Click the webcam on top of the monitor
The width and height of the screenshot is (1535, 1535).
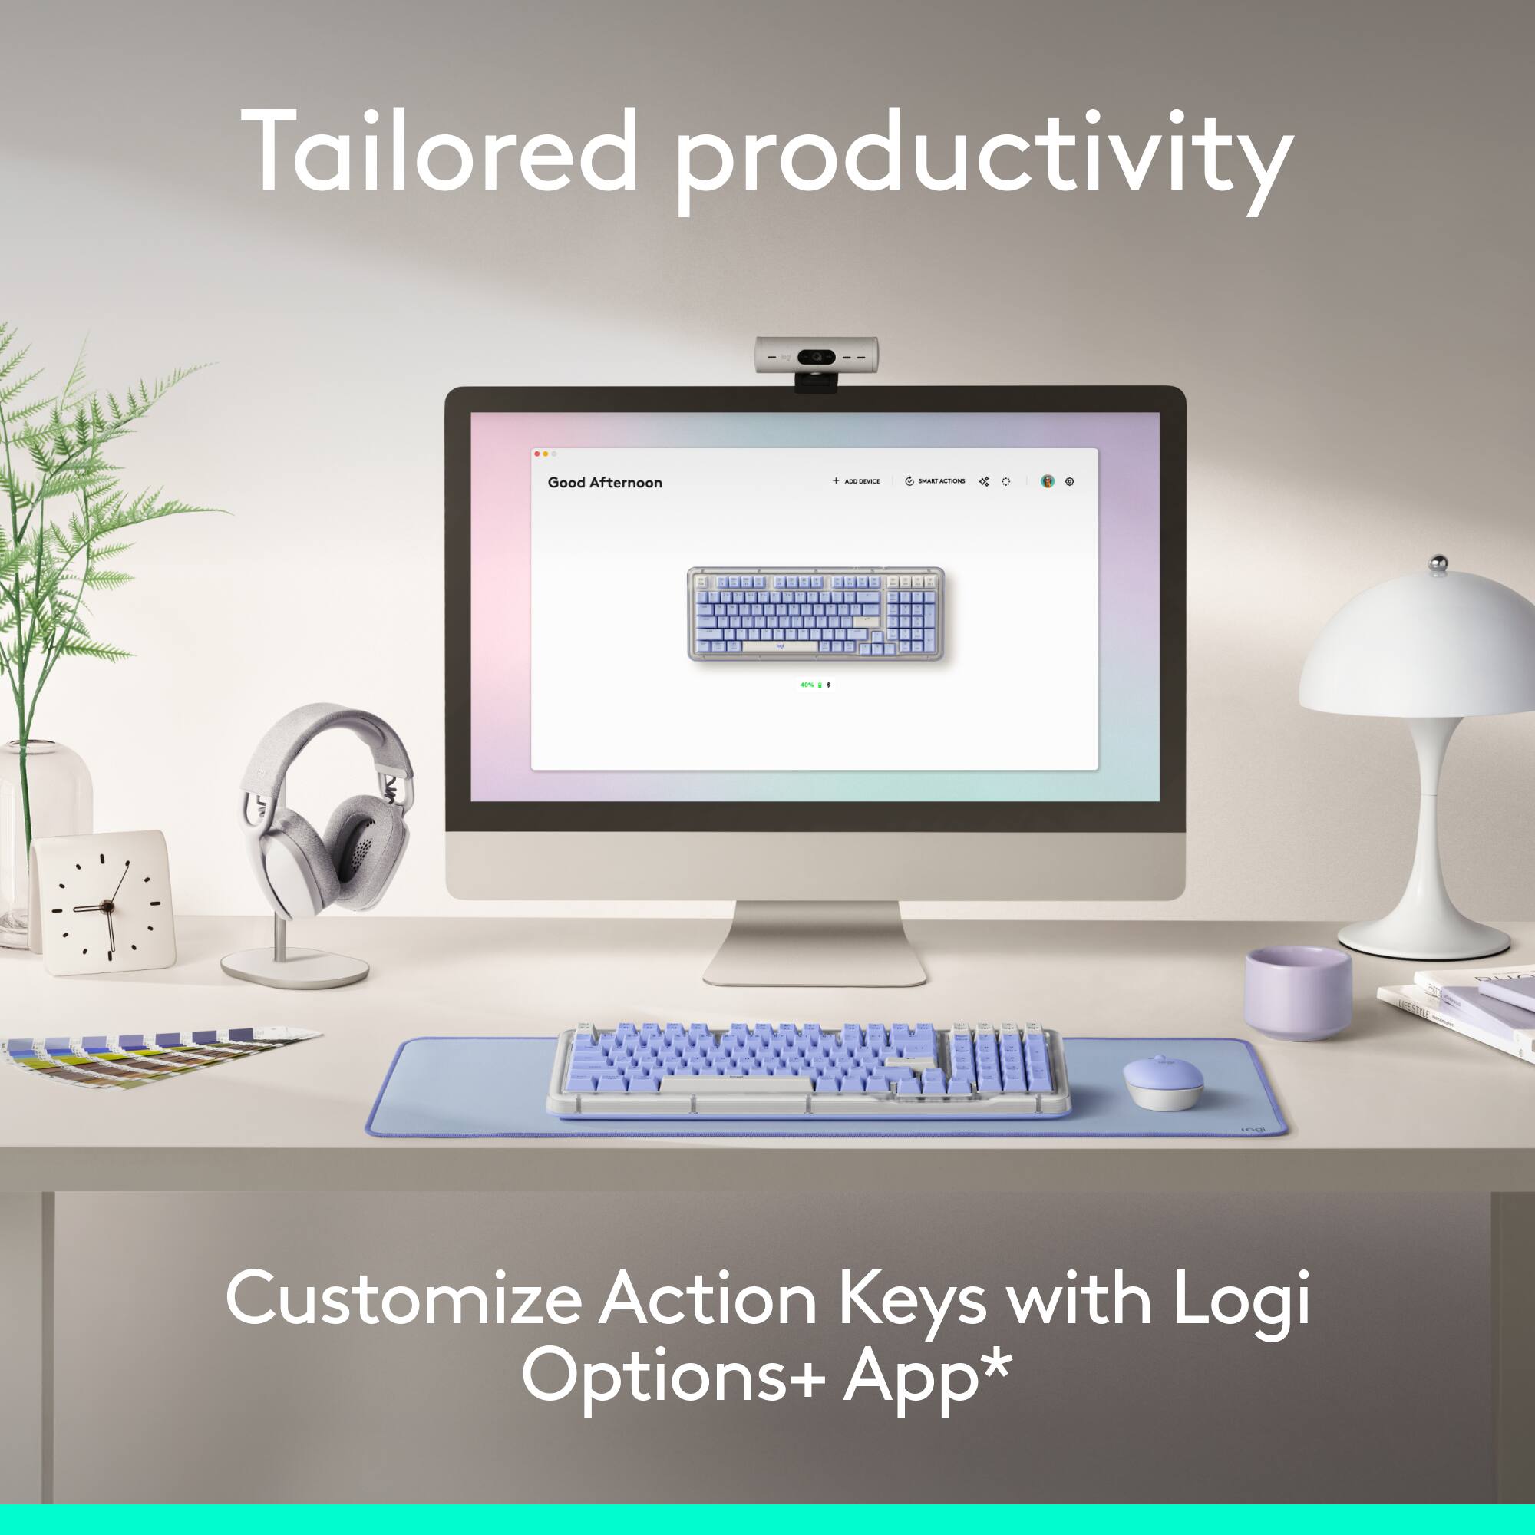(815, 357)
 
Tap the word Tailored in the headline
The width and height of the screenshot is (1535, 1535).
(437, 151)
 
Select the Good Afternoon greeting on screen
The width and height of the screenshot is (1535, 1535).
(605, 482)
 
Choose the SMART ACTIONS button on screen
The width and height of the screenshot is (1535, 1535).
(935, 481)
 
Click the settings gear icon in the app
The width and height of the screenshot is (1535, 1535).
(1069, 481)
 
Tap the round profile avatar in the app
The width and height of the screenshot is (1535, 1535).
(1047, 481)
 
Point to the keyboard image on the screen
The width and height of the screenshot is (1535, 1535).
(815, 613)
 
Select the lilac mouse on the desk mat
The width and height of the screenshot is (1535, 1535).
(1162, 1082)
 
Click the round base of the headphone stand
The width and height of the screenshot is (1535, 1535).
(294, 968)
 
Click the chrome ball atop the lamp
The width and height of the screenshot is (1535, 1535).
(1438, 563)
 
